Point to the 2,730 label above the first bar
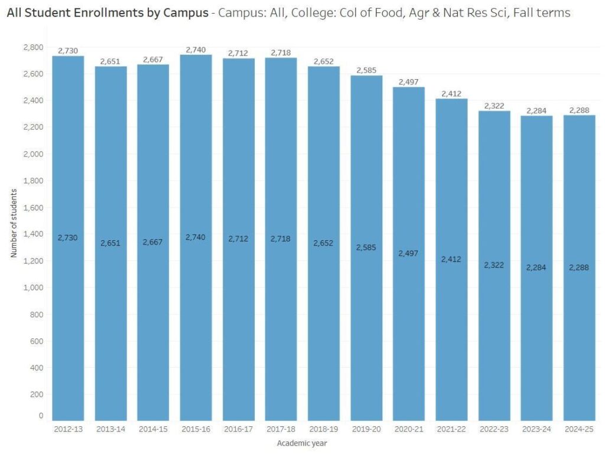[68, 51]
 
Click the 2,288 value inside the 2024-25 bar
[578, 267]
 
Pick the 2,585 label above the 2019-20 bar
[366, 70]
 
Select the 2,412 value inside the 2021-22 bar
[451, 259]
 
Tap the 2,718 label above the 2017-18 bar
[281, 53]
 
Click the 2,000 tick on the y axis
[35, 154]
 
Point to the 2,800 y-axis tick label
[35, 47]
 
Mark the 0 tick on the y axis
[41, 416]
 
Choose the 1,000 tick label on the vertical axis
[35, 288]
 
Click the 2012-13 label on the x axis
[68, 429]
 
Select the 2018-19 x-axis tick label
[323, 429]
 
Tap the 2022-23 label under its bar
[493, 429]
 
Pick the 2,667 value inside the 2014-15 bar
[153, 242]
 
